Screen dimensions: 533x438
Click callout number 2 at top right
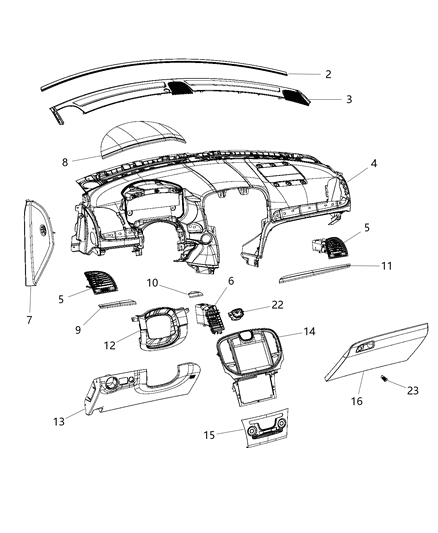pyautogui.click(x=327, y=74)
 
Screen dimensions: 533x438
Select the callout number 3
pyautogui.click(x=347, y=100)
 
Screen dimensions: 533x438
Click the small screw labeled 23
pyautogui.click(x=383, y=377)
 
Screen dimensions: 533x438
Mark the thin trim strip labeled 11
pyautogui.click(x=313, y=271)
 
